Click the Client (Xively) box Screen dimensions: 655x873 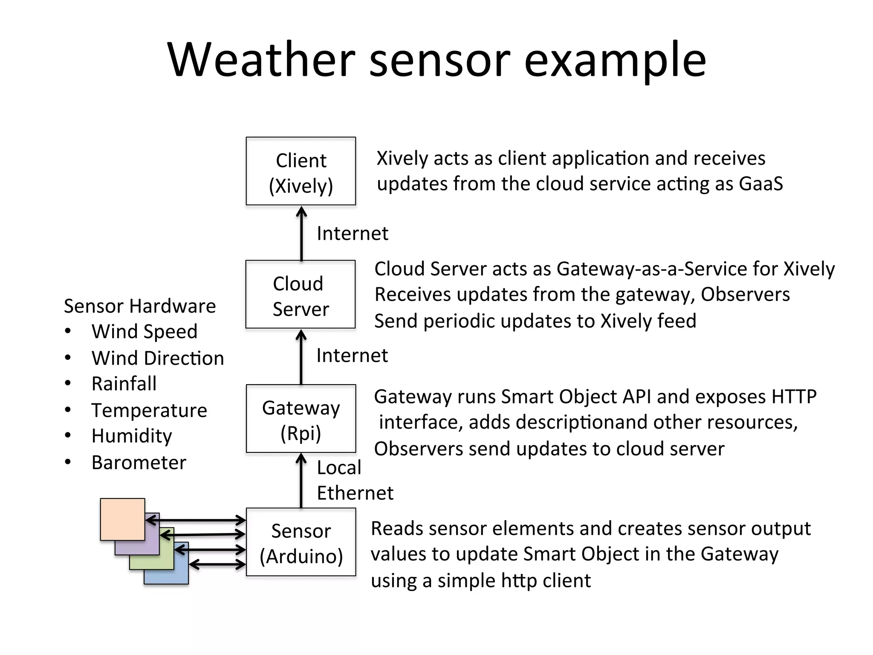[301, 171]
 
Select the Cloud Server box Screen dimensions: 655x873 [301, 294]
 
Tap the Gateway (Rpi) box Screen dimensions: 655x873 [301, 419]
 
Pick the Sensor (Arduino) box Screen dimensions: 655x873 [301, 542]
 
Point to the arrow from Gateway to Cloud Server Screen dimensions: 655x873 [301, 357]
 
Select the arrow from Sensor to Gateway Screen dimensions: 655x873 [301, 481]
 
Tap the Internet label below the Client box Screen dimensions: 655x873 [353, 234]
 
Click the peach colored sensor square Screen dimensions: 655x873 [122, 519]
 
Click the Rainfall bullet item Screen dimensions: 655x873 [124, 384]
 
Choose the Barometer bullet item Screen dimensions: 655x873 [139, 463]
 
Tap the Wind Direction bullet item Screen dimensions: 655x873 [158, 358]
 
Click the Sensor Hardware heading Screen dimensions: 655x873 [140, 306]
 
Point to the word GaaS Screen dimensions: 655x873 [761, 184]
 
